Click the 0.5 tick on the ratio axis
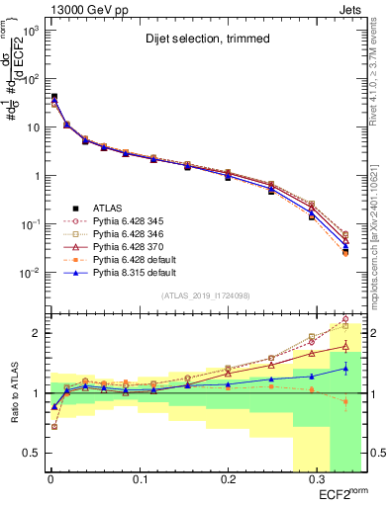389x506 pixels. pos(33,453)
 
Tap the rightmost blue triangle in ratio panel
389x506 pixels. pos(345,369)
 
